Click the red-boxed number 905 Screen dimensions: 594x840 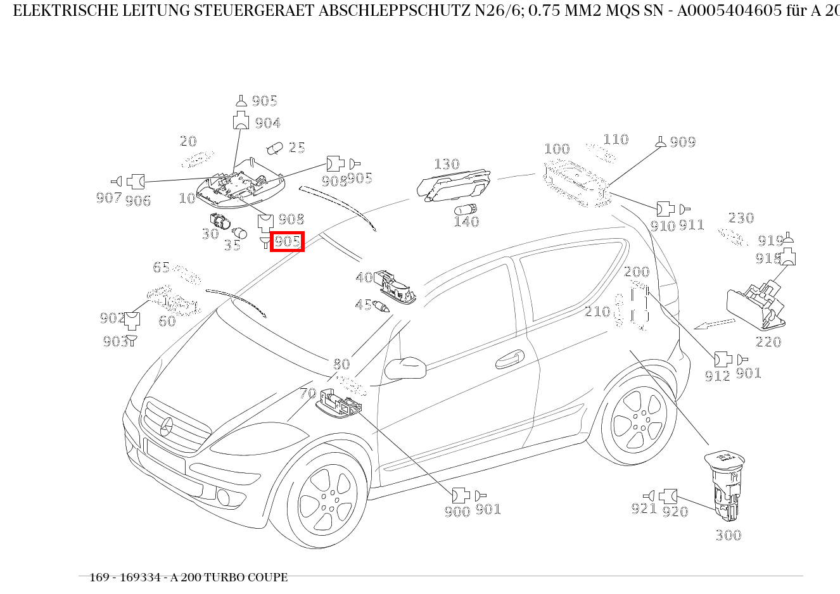click(287, 241)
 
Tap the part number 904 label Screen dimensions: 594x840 click(267, 123)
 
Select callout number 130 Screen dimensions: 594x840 click(447, 165)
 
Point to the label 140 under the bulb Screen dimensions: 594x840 click(466, 222)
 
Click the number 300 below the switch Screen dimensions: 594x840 click(728, 536)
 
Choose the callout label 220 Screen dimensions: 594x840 click(768, 342)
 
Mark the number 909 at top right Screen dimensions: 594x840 click(682, 142)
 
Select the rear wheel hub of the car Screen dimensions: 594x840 click(639, 420)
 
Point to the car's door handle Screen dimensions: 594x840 click(508, 360)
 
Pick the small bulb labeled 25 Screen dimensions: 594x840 click(275, 148)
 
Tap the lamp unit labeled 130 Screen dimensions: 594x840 click(454, 186)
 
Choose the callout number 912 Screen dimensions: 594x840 click(717, 376)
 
